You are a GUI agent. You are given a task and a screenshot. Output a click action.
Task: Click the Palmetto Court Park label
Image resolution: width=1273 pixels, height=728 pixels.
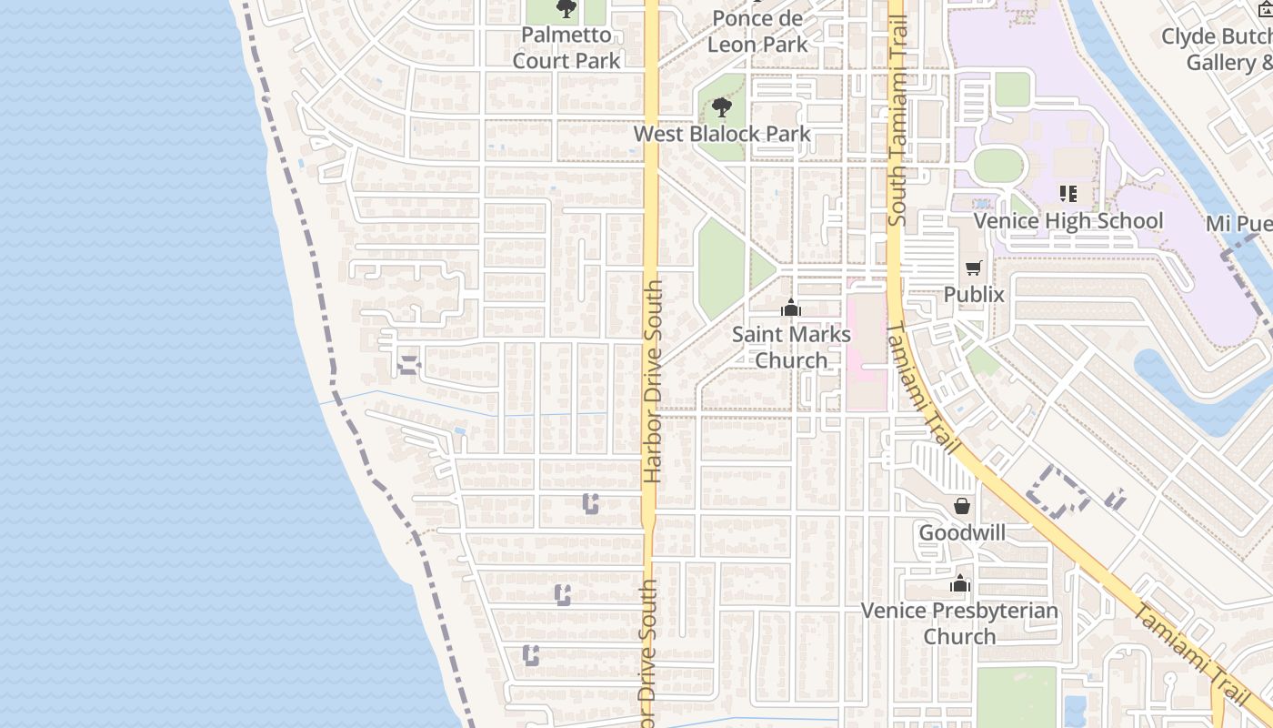tap(566, 48)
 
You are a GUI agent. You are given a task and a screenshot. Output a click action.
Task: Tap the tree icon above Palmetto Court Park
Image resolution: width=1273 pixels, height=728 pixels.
tap(566, 10)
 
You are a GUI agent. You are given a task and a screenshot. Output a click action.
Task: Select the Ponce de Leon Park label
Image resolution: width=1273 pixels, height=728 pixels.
tap(757, 31)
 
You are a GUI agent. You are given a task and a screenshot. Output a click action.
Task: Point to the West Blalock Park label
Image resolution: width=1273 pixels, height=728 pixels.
tap(722, 134)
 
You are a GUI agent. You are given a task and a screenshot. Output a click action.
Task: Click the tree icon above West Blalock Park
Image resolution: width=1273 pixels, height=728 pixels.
tap(722, 108)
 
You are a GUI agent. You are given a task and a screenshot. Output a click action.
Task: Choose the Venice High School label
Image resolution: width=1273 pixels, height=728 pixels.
tap(1068, 221)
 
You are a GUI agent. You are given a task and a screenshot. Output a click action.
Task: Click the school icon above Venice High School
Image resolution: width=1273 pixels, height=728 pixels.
tap(1068, 194)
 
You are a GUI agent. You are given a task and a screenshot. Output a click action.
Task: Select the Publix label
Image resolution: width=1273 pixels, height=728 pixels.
tap(974, 294)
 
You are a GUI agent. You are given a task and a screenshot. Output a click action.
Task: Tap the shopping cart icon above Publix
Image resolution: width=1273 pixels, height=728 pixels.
tap(974, 268)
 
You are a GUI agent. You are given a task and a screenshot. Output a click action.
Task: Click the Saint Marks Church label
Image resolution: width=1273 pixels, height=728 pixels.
tap(791, 347)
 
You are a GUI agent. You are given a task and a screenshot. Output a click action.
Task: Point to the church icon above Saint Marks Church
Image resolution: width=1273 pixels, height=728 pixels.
tap(791, 308)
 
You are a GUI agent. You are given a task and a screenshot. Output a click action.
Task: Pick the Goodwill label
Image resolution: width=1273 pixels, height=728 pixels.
tap(962, 532)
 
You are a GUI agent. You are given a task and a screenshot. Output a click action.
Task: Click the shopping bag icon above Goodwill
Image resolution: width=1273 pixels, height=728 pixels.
tap(962, 506)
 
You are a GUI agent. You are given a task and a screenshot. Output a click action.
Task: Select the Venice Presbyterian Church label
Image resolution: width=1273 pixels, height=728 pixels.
tap(959, 622)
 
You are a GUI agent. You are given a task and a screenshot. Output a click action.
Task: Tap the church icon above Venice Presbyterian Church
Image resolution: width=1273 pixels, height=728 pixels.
tap(960, 584)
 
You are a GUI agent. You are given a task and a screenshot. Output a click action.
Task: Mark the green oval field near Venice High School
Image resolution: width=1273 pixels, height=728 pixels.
tap(998, 166)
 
